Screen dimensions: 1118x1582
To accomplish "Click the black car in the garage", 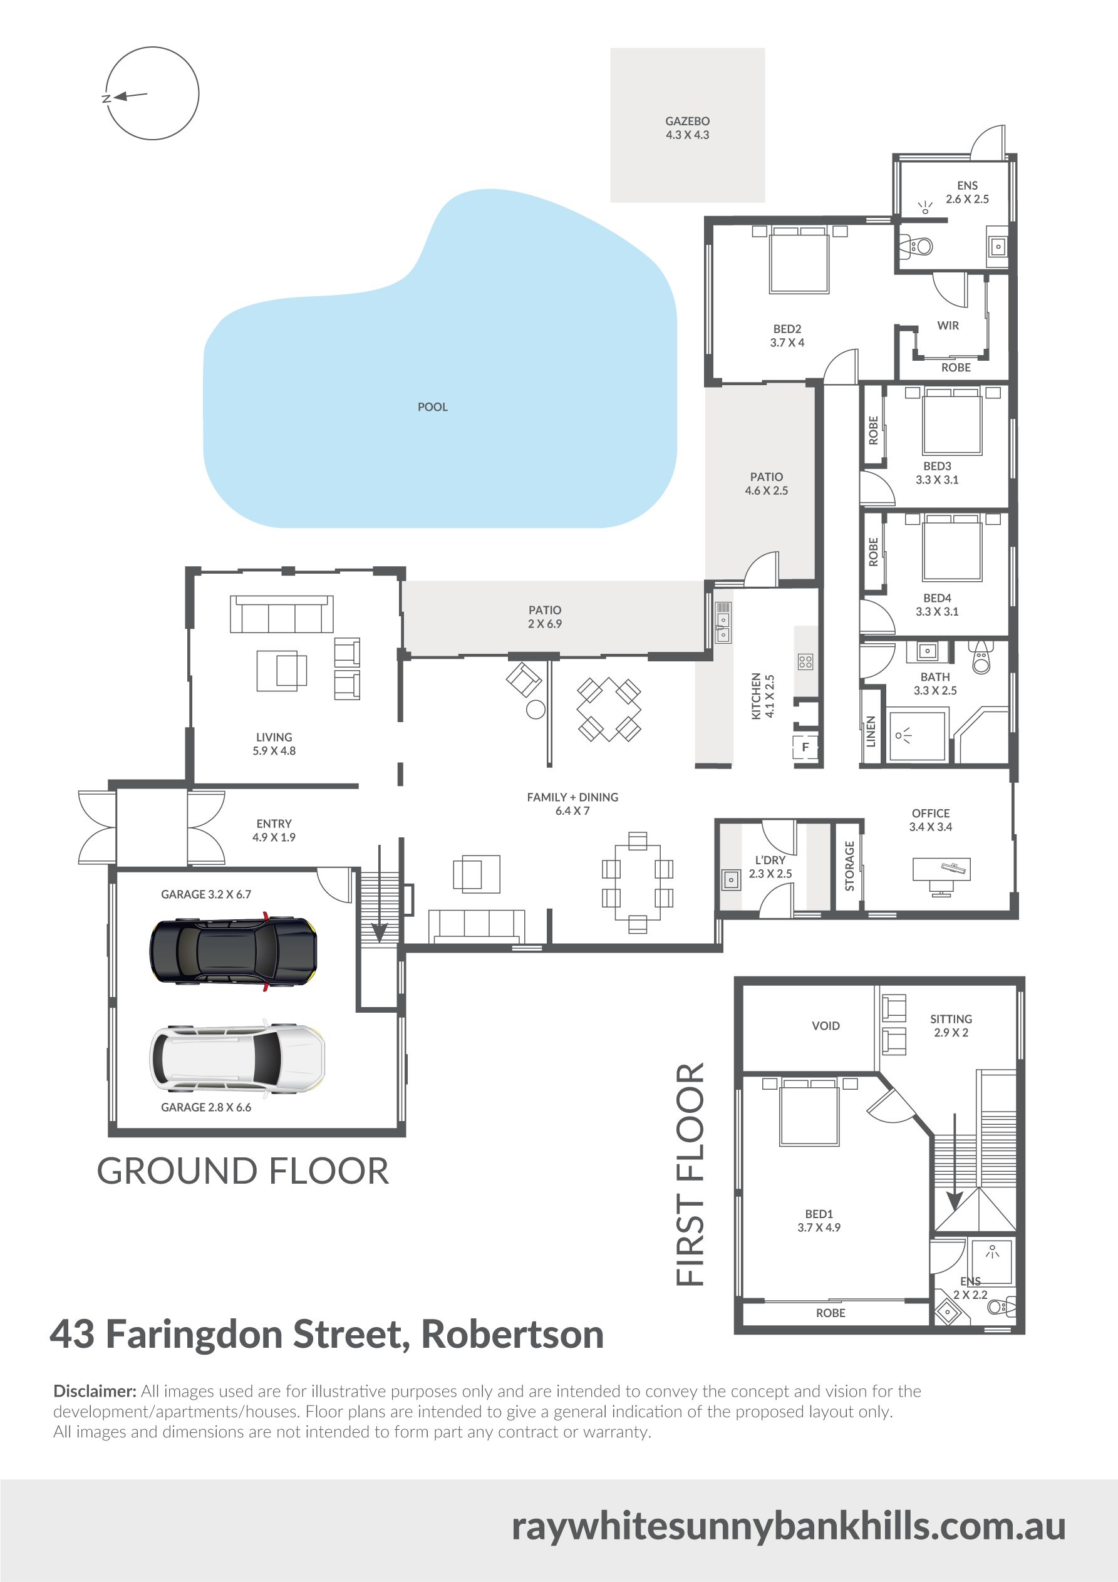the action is click(234, 950).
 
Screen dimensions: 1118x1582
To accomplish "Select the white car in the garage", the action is click(237, 1058).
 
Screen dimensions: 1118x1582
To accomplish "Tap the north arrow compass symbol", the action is click(152, 93).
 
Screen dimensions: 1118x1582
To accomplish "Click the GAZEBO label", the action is click(687, 121).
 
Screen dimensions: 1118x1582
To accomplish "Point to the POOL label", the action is click(433, 407).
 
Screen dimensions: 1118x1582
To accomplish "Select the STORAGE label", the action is click(849, 866).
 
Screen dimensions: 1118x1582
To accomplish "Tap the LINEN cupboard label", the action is click(871, 732).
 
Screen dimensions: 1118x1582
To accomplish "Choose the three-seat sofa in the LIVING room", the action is click(282, 614).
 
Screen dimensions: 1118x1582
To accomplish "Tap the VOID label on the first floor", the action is click(826, 1026).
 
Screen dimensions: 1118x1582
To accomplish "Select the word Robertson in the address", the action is click(512, 1335).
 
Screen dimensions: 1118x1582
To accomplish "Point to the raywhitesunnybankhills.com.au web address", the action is click(789, 1528).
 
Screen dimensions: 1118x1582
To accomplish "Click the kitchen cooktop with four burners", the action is click(805, 662).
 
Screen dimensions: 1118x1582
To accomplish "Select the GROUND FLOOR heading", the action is click(242, 1171).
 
